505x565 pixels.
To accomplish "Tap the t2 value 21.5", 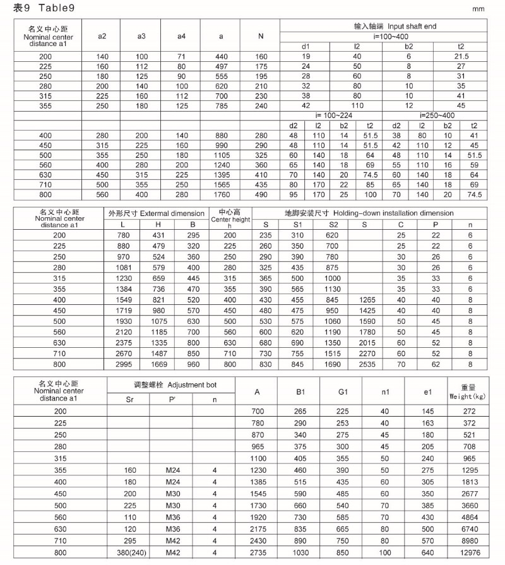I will pos(461,57).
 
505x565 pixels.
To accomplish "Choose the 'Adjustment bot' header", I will pos(170,384).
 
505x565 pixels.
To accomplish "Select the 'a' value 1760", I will pos(221,195).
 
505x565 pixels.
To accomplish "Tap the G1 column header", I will pos(343,392).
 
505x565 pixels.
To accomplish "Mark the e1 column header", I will pos(427,392).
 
